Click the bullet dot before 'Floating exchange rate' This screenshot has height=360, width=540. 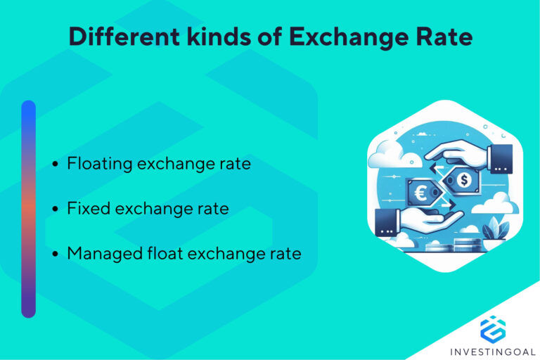56,165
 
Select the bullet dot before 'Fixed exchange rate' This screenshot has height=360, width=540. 56,209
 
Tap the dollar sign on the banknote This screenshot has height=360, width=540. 463,181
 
